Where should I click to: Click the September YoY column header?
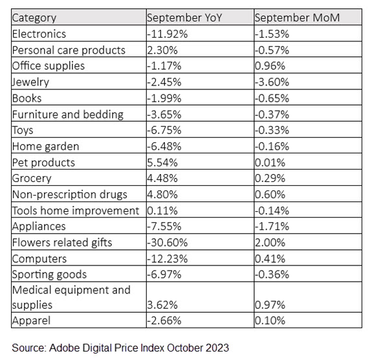[x=184, y=18]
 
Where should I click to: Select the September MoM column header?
[x=297, y=18]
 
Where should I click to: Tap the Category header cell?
[x=34, y=18]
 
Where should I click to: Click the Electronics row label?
[x=39, y=34]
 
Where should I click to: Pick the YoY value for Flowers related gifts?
[x=168, y=243]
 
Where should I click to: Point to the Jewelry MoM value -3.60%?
[x=272, y=82]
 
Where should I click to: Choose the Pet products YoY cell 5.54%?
[x=162, y=163]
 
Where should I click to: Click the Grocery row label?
[x=32, y=179]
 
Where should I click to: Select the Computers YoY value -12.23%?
[x=168, y=258]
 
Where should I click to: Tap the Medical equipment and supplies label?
[x=71, y=297]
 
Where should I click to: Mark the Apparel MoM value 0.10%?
[x=270, y=321]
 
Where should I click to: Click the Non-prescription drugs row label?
[x=69, y=195]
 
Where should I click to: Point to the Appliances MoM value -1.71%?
[x=272, y=227]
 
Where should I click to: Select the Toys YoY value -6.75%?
[x=164, y=130]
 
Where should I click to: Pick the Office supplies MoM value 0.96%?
[x=270, y=66]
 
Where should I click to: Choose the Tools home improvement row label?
[x=76, y=211]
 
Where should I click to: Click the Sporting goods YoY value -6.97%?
[x=164, y=275]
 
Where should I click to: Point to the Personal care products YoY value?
[x=162, y=51]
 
